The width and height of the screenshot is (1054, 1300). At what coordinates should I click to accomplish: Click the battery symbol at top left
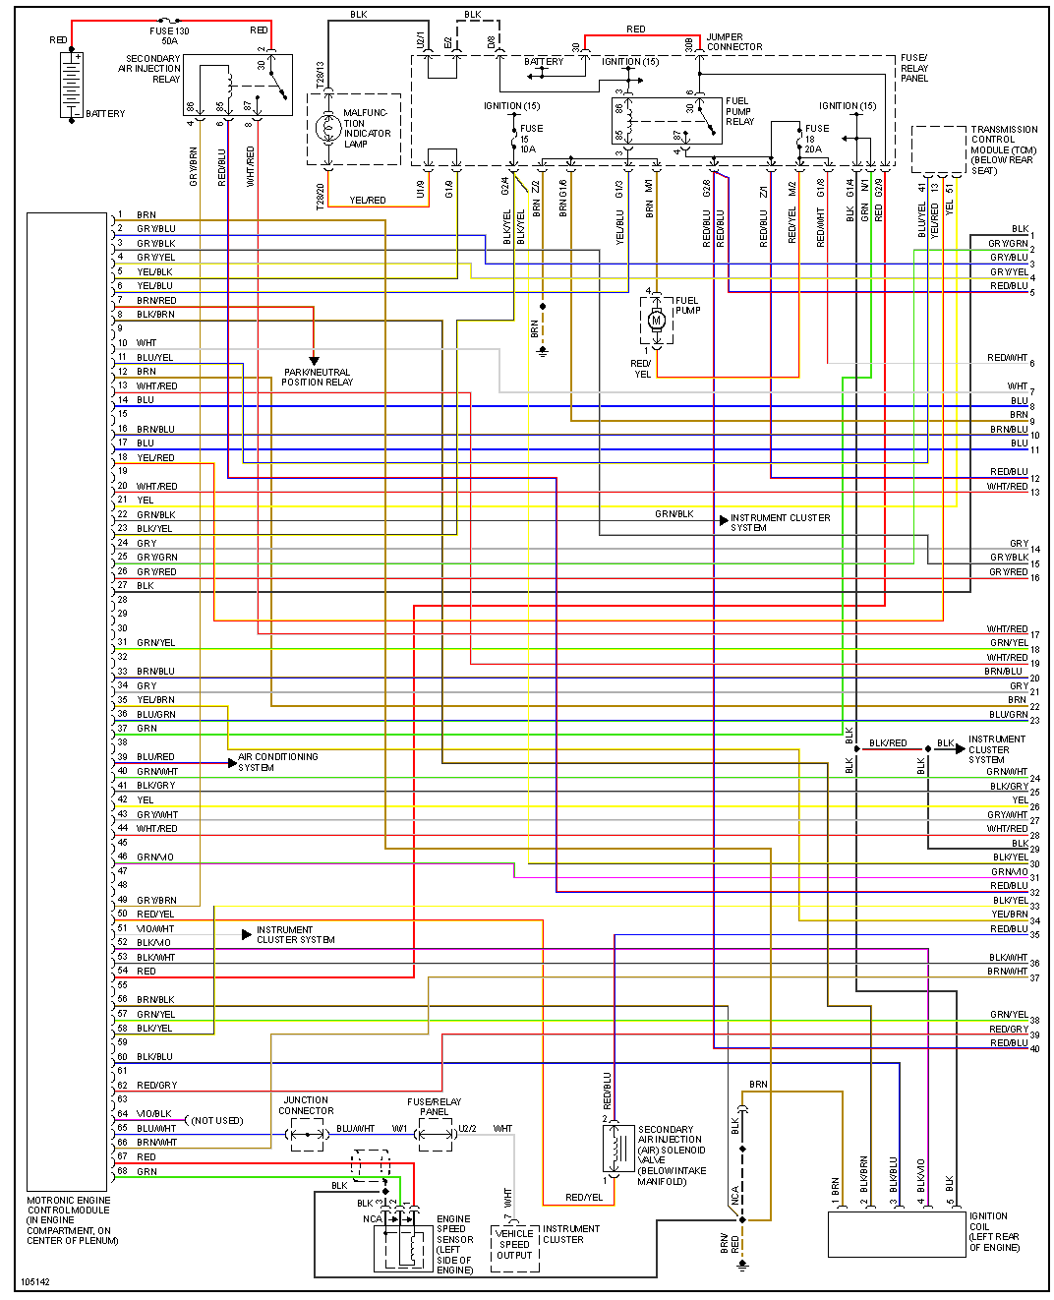click(73, 86)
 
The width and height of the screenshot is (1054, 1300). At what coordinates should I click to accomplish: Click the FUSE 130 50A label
click(169, 36)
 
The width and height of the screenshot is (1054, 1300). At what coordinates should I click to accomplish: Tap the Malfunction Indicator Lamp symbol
click(327, 128)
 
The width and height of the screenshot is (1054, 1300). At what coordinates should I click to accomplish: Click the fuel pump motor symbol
click(657, 320)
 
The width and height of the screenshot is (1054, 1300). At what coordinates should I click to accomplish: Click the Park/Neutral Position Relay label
click(317, 378)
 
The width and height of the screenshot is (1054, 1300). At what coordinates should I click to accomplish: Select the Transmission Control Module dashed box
click(938, 149)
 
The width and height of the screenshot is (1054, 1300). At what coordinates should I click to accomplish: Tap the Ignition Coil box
click(896, 1233)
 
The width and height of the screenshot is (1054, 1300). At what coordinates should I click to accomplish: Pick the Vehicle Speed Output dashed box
click(514, 1248)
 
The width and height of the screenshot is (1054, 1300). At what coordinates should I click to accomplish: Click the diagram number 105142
click(34, 1282)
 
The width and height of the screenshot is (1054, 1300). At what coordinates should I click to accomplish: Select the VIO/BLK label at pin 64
click(154, 1114)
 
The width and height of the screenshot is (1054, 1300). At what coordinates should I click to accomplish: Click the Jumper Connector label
click(733, 42)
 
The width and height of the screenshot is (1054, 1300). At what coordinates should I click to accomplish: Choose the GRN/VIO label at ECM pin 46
click(155, 857)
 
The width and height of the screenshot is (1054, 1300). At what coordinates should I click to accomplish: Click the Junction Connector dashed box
click(306, 1135)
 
